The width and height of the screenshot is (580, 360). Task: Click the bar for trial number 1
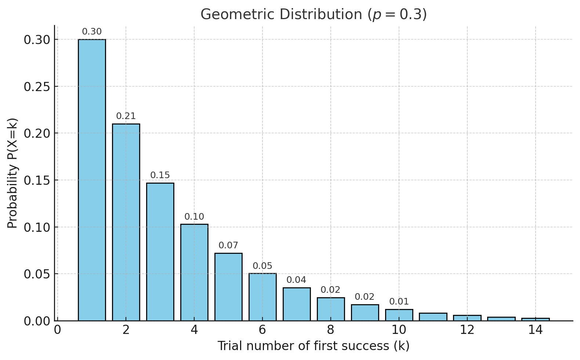pyautogui.click(x=92, y=180)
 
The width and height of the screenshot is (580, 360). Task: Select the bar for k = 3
pyautogui.click(x=160, y=252)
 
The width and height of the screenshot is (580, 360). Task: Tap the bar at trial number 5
pyautogui.click(x=228, y=287)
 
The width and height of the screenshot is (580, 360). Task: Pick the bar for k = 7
pyautogui.click(x=297, y=304)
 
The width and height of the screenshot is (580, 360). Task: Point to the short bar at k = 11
pyautogui.click(x=433, y=317)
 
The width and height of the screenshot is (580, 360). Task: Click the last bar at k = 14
pyautogui.click(x=536, y=319)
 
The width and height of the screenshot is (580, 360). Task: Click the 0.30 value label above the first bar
pyautogui.click(x=92, y=32)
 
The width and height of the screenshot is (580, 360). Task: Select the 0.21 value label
pyautogui.click(x=126, y=116)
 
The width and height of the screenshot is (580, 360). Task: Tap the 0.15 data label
pyautogui.click(x=160, y=176)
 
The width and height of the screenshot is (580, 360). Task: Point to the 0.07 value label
pyautogui.click(x=228, y=245)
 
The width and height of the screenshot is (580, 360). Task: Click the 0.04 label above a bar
pyautogui.click(x=296, y=280)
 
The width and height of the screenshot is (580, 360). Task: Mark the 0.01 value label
pyautogui.click(x=399, y=302)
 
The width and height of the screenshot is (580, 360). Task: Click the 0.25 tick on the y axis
pyautogui.click(x=36, y=87)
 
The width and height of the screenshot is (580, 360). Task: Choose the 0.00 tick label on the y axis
pyautogui.click(x=36, y=321)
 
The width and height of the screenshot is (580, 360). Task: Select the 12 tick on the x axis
pyautogui.click(x=467, y=330)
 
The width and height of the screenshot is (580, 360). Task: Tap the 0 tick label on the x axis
pyautogui.click(x=58, y=330)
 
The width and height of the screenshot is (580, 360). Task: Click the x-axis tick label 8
pyautogui.click(x=330, y=330)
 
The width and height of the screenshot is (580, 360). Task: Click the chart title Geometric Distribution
pyautogui.click(x=313, y=15)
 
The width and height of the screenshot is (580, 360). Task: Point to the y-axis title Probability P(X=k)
pyautogui.click(x=12, y=173)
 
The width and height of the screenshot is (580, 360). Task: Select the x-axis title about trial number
pyautogui.click(x=313, y=346)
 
